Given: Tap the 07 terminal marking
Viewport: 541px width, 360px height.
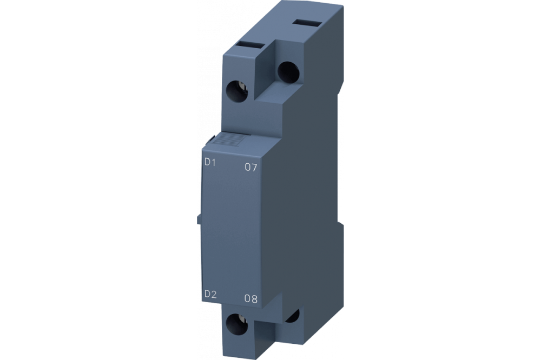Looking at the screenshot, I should (250, 168).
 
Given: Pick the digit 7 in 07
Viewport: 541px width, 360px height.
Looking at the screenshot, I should (254, 168).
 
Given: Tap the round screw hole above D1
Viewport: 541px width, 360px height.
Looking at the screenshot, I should (236, 88).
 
